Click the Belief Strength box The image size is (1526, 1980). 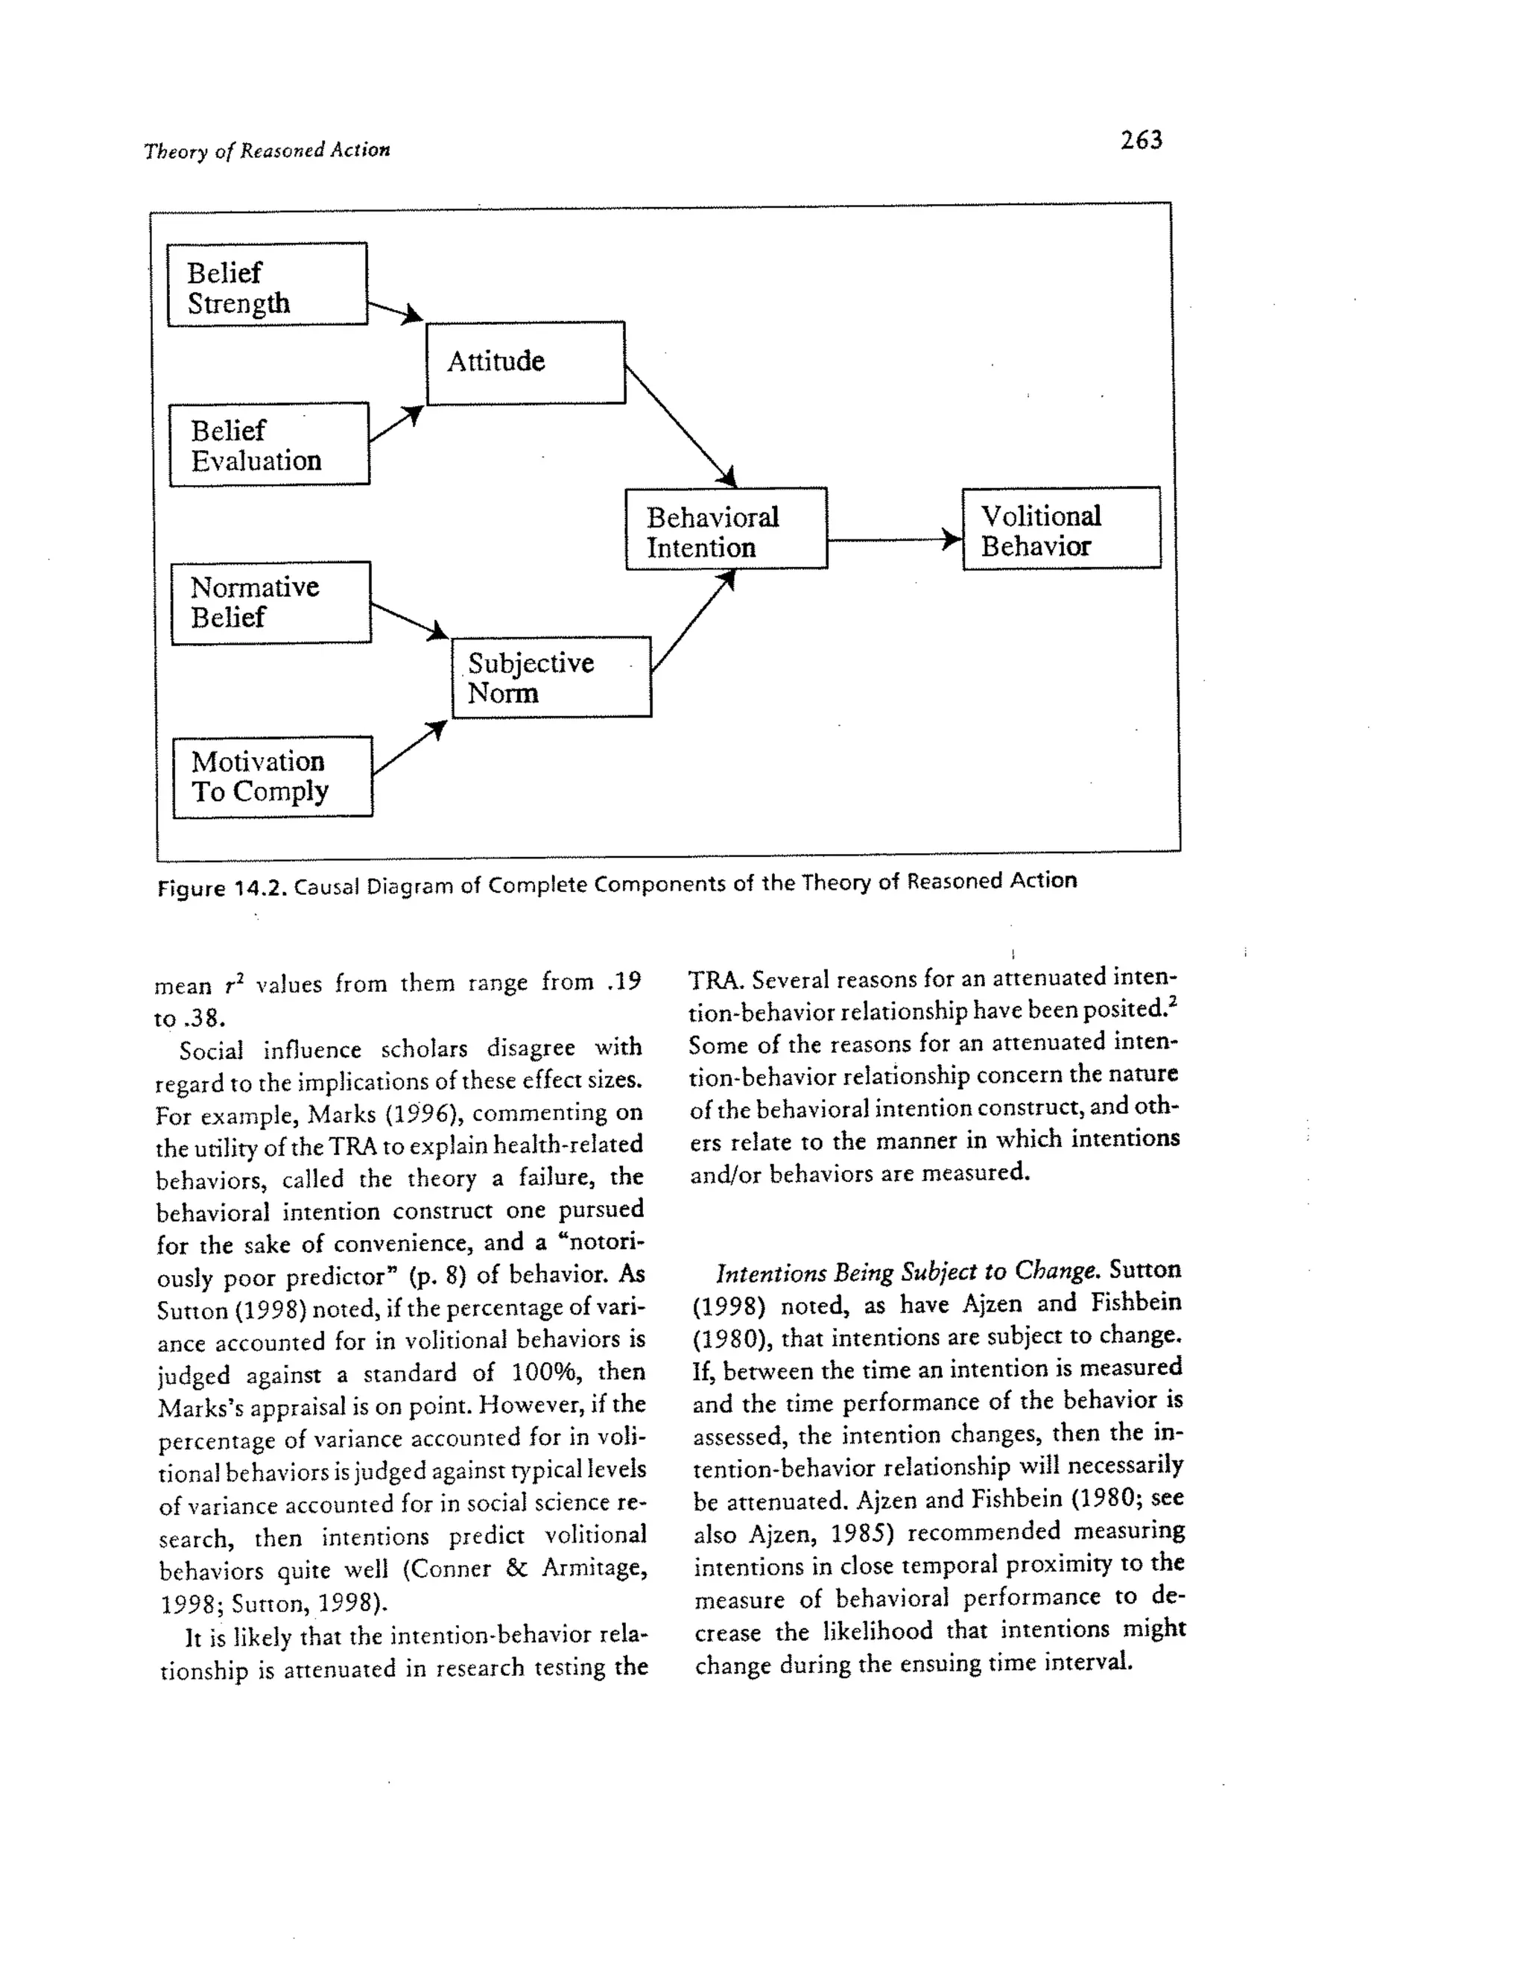pyautogui.click(x=267, y=284)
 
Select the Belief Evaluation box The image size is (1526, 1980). pyautogui.click(x=269, y=444)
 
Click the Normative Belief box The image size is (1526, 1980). pyautogui.click(x=271, y=602)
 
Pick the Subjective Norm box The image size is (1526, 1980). pyautogui.click(x=551, y=677)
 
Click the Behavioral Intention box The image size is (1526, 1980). pyautogui.click(x=725, y=528)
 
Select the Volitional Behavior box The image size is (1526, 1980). pyautogui.click(x=1061, y=528)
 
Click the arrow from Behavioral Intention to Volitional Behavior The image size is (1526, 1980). pyautogui.click(x=893, y=540)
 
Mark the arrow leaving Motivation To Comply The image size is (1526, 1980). pyautogui.click(x=408, y=749)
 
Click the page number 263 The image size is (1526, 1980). pyautogui.click(x=1141, y=141)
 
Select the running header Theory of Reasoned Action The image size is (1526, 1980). pyautogui.click(x=267, y=151)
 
